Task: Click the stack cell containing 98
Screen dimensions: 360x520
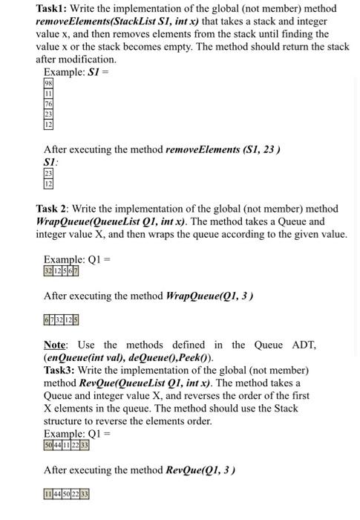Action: click(49, 84)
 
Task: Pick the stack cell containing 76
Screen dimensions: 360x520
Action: click(49, 105)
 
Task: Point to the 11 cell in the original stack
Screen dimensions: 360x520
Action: click(49, 94)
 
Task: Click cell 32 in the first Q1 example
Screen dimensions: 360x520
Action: click(50, 271)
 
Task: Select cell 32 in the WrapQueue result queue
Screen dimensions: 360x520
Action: click(61, 320)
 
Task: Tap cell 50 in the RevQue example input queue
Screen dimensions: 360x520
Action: click(50, 445)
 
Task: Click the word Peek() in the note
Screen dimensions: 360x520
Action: click(191, 357)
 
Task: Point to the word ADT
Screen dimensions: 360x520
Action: click(304, 345)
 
